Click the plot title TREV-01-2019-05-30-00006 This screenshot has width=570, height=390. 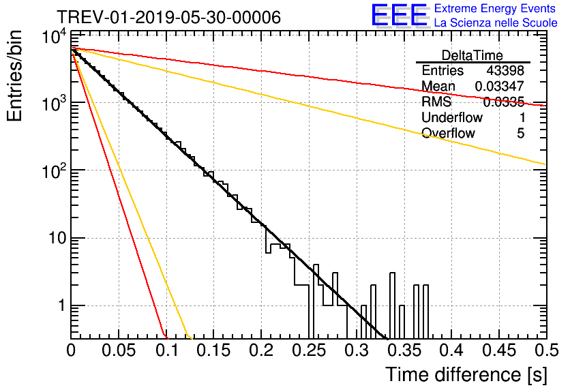point(168,18)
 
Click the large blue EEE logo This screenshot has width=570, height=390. point(399,16)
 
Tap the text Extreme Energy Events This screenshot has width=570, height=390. point(496,9)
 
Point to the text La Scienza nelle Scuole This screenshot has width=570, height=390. point(496,23)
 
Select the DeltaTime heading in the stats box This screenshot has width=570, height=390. point(472,55)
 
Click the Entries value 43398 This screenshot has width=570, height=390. point(505,71)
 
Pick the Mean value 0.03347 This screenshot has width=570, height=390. point(499,87)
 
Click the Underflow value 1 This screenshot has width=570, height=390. point(521,118)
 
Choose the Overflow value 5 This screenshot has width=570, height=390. point(521,134)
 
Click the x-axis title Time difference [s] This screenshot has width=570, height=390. point(464,374)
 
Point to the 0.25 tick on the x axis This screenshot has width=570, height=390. point(308,351)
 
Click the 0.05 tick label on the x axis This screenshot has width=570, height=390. point(119,351)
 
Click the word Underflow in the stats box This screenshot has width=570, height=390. point(451,118)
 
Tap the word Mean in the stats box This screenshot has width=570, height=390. point(438,87)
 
